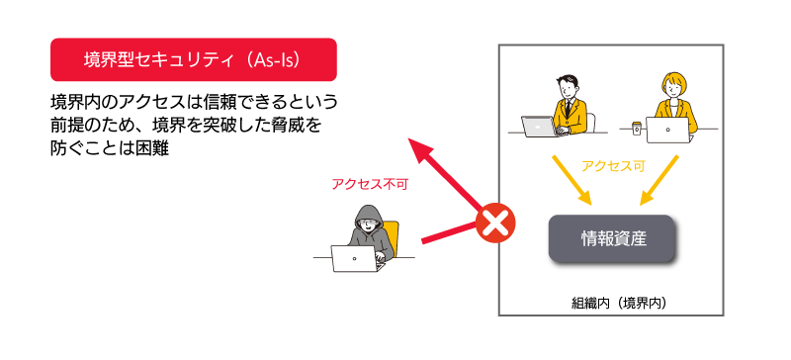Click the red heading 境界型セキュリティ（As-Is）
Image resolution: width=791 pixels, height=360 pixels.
pos(194,59)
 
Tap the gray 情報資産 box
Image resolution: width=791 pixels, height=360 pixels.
pos(612,238)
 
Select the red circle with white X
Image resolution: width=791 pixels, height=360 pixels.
pos(496,224)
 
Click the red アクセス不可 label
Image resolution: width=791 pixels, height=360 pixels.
pos(369,184)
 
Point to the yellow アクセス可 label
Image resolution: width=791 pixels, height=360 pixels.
pos(613,165)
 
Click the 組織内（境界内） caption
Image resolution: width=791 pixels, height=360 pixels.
pos(620,303)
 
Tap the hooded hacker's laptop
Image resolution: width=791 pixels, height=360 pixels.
pos(356,258)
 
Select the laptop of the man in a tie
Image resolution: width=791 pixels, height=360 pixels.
pos(540,127)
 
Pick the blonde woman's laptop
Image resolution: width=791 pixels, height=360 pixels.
pos(667,131)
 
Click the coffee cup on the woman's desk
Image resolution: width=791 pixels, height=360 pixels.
pos(637,128)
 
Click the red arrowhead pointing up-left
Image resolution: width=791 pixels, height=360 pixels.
pos(421,151)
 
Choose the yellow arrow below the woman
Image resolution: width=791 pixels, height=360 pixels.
pos(659,180)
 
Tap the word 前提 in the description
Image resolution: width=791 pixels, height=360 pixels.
pos(67,125)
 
